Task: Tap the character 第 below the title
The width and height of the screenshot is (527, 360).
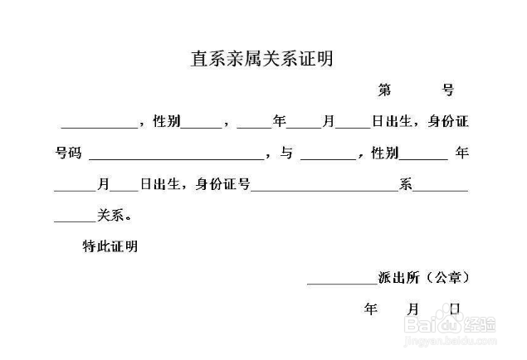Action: (384, 90)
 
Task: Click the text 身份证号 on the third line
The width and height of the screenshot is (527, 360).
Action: (223, 184)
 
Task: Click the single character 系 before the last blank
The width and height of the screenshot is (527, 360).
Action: (406, 184)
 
